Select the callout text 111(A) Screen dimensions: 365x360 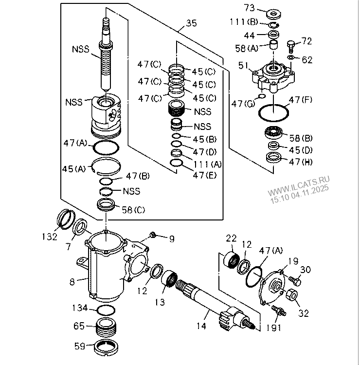207,164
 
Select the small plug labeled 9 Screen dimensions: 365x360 153,236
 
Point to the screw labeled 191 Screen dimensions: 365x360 279,310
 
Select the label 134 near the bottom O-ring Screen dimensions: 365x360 80,308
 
